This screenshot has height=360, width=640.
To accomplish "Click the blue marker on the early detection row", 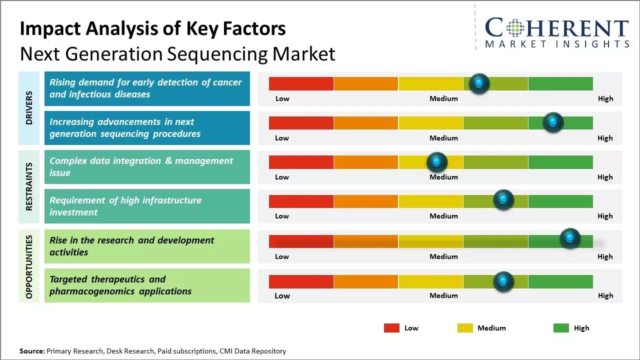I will (479, 83).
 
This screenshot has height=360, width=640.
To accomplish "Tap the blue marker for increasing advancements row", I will (553, 122).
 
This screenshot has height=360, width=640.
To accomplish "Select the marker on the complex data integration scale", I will (436, 162).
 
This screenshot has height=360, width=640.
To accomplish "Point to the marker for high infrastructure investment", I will (503, 199).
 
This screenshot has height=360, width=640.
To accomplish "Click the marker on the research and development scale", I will (570, 238).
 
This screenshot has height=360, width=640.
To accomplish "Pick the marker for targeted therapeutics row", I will (503, 281).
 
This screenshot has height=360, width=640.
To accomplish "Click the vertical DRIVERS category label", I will (29, 108).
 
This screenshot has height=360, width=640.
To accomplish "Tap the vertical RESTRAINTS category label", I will (29, 186).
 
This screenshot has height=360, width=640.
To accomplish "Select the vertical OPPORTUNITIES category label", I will (29, 266).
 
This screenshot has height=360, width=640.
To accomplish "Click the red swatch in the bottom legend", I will (391, 328).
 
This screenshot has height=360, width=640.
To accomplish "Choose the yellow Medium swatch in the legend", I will (465, 328).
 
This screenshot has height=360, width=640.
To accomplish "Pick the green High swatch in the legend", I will (561, 328).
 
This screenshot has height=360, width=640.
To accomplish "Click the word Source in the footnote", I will (32, 351).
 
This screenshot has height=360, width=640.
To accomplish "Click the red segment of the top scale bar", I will (301, 83).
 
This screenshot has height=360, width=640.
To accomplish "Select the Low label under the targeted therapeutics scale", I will (282, 295).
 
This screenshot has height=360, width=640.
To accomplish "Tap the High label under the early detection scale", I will (605, 98).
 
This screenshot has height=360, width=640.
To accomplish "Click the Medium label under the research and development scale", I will (443, 256).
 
